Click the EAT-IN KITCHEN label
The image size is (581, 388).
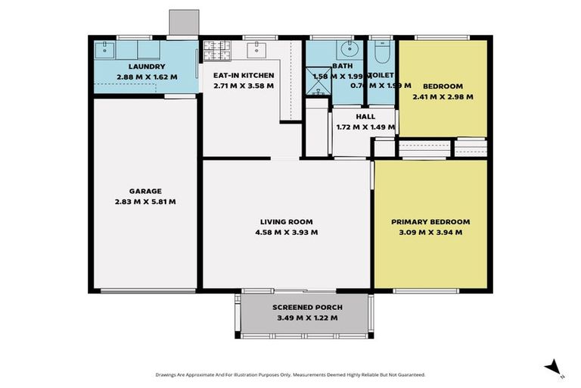(243, 76)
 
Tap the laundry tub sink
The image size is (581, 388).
(105, 51)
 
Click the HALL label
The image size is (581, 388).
(365, 117)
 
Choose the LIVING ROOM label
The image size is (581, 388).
(288, 222)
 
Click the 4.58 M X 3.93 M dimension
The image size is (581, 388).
(288, 232)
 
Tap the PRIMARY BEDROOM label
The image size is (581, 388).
(430, 222)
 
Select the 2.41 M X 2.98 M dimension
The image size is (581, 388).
(443, 96)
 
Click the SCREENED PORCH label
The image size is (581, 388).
(307, 307)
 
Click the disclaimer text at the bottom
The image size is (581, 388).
(290, 374)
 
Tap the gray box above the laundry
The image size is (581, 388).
(183, 22)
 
